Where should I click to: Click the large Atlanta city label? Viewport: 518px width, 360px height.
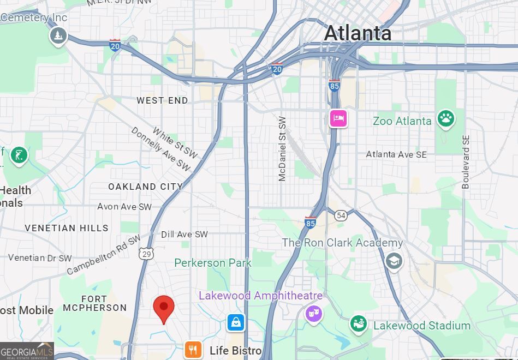coord(358,33)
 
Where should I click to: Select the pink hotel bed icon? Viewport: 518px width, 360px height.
coord(338,118)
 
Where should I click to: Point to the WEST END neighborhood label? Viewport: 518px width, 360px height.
coord(162,100)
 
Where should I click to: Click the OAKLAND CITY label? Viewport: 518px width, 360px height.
coord(146,187)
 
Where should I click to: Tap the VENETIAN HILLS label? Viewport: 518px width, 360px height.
coord(67,228)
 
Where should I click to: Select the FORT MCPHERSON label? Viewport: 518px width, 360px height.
coord(95,303)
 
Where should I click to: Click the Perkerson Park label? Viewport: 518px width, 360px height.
coord(213,263)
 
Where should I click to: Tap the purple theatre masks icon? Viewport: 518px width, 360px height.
coord(313,314)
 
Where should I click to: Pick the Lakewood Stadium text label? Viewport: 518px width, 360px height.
coord(422,326)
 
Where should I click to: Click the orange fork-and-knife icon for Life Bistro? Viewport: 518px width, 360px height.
coord(193,350)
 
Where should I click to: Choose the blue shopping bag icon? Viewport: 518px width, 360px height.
coord(236,322)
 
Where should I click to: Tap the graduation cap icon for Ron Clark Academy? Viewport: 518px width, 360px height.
coord(394,261)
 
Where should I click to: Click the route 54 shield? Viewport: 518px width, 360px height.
coord(341,215)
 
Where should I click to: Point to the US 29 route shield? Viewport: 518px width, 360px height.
coord(146,254)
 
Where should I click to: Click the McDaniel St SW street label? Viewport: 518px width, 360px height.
coord(282,148)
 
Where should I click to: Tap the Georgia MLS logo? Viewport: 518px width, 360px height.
coord(27,351)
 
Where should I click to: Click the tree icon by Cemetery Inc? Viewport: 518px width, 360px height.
coord(57,37)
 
